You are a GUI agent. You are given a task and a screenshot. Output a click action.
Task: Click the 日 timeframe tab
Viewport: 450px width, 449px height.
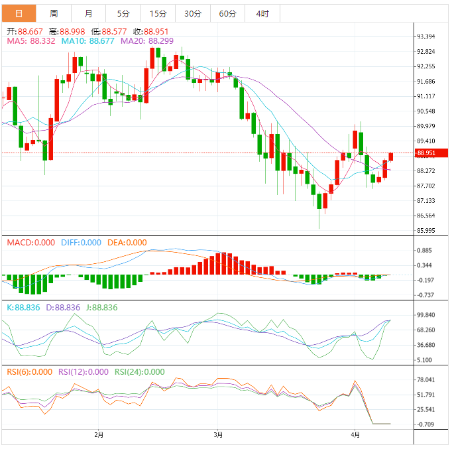(18, 13)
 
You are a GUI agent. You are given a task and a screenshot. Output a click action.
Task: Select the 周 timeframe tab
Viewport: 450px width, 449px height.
(53, 13)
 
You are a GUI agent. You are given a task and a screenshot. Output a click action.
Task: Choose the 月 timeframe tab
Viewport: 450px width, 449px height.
(88, 13)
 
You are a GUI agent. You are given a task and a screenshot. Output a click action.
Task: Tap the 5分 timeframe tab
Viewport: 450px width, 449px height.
(123, 13)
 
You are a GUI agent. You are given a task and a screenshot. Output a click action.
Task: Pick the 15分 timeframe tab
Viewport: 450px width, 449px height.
(158, 13)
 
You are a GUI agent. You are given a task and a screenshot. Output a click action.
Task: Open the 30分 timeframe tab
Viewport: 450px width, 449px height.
(192, 13)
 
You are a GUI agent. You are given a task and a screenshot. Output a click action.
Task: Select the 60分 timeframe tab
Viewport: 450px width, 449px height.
(227, 13)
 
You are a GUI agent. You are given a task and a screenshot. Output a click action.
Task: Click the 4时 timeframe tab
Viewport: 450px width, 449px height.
(262, 13)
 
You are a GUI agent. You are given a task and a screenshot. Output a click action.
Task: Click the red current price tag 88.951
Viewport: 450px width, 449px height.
(426, 153)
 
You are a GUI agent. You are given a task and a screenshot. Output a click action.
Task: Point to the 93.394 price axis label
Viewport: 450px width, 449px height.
(425, 36)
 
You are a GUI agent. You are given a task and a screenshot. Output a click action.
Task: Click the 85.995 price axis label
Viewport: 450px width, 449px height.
(425, 231)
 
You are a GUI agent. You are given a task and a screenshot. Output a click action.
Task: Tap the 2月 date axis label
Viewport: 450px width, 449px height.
(99, 434)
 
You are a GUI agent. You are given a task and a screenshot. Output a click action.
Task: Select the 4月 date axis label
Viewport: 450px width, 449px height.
(356, 434)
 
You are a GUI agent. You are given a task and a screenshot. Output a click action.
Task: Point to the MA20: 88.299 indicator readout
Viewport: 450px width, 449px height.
(147, 41)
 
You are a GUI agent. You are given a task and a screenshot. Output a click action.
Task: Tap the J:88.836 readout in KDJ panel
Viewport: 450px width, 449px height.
(98, 307)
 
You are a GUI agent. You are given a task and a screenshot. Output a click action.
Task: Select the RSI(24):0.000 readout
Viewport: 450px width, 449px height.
(140, 372)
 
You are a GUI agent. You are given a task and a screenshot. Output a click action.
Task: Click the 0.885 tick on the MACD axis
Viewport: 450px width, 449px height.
(425, 251)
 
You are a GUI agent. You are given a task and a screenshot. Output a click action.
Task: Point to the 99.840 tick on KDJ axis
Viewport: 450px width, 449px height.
(425, 316)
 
